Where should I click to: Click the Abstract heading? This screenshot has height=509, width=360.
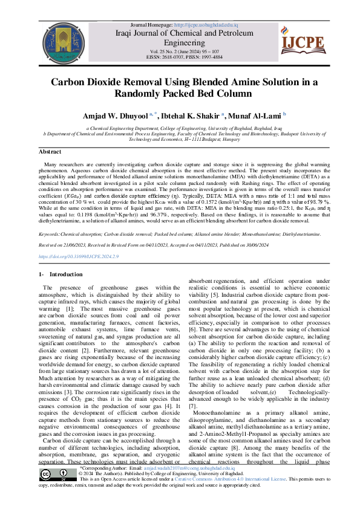[x=50, y=152]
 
